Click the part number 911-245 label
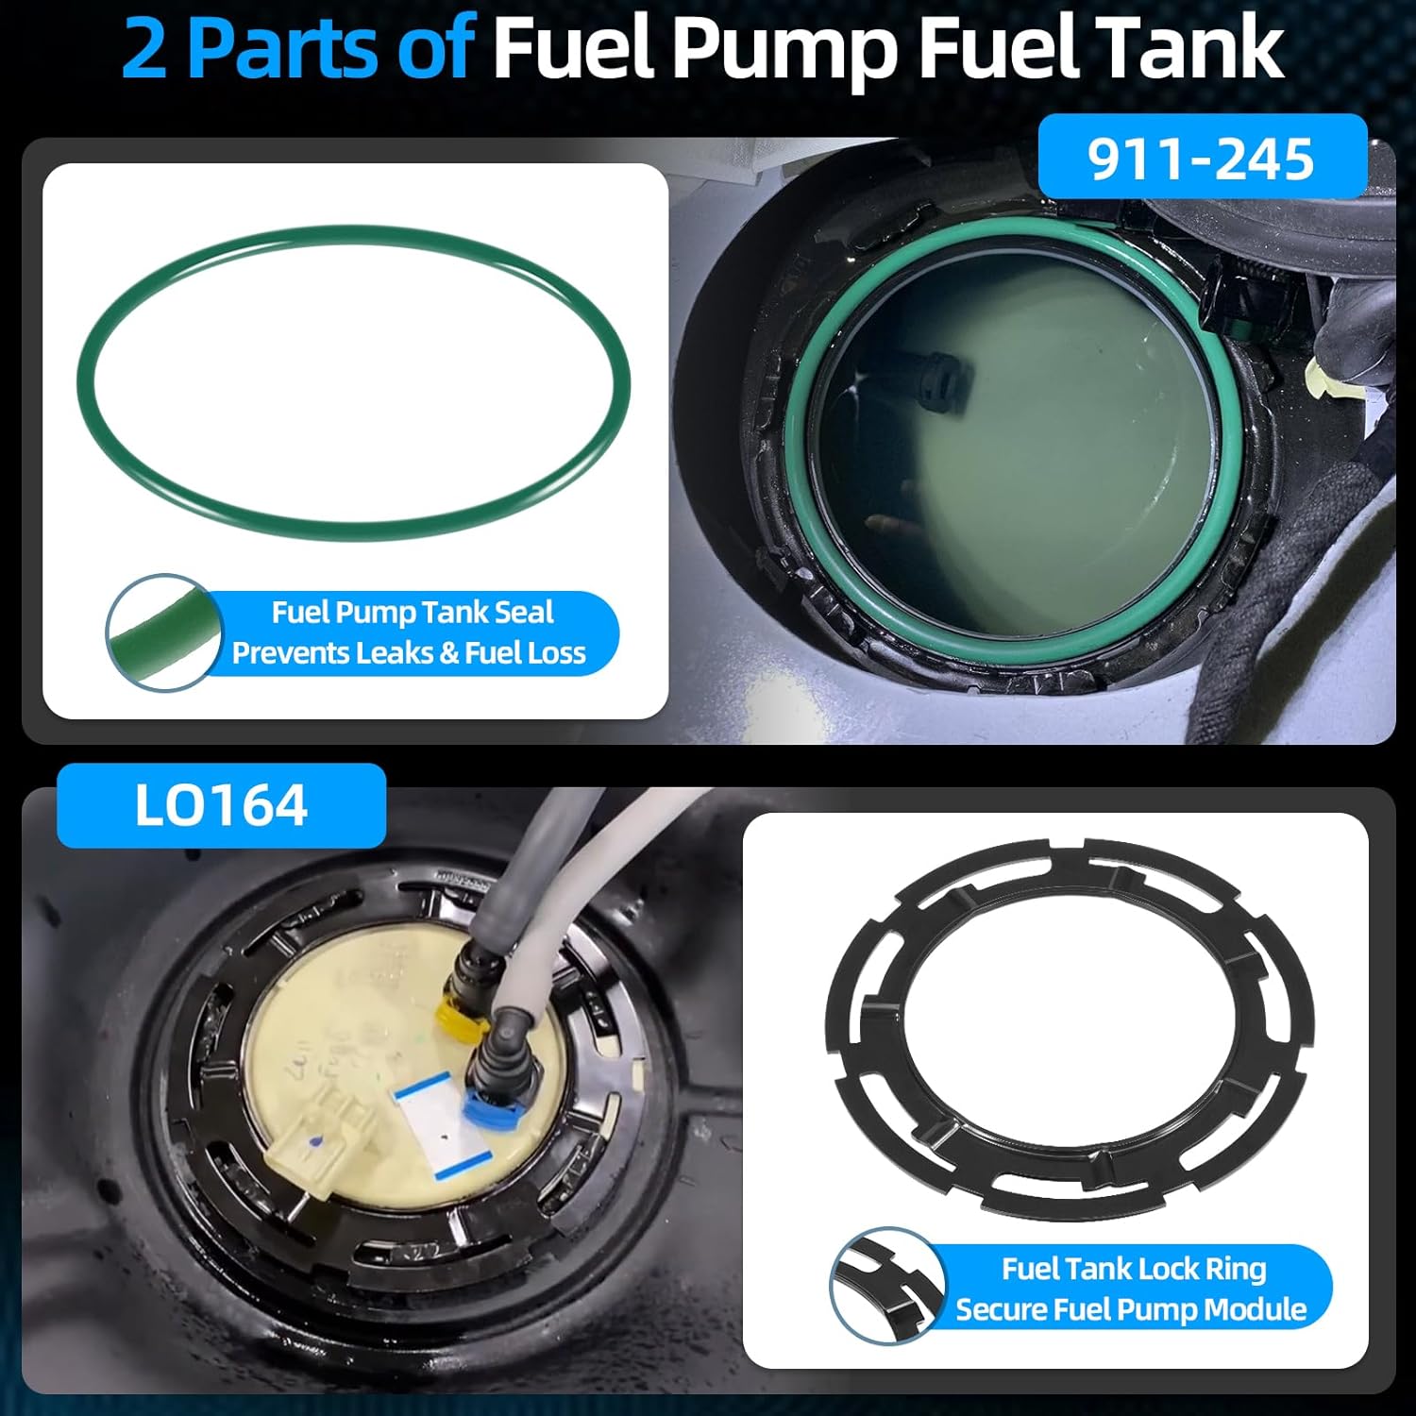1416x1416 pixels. point(1201,158)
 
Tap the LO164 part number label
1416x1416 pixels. point(221,806)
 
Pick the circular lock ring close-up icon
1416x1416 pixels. point(885,1285)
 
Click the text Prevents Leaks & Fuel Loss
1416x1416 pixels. point(409,653)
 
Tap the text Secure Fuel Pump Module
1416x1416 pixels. point(1130,1309)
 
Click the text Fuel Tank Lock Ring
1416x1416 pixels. point(1133,1269)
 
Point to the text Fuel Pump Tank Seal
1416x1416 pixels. point(413,613)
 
